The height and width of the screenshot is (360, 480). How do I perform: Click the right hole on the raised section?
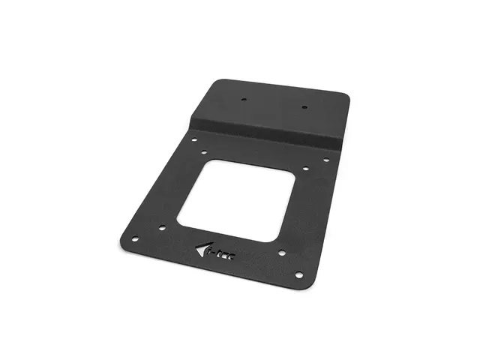304,107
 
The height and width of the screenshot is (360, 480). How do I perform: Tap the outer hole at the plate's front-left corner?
135,239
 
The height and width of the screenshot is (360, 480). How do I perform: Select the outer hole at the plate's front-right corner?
298,275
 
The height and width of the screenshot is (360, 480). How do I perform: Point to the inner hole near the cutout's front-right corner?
281,253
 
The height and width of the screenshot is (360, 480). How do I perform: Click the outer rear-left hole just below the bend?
193,139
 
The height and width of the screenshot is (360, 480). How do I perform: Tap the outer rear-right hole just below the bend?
325,159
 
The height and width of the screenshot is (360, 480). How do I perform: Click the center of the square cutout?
233,200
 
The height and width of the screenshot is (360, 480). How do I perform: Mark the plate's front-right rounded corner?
304,283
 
